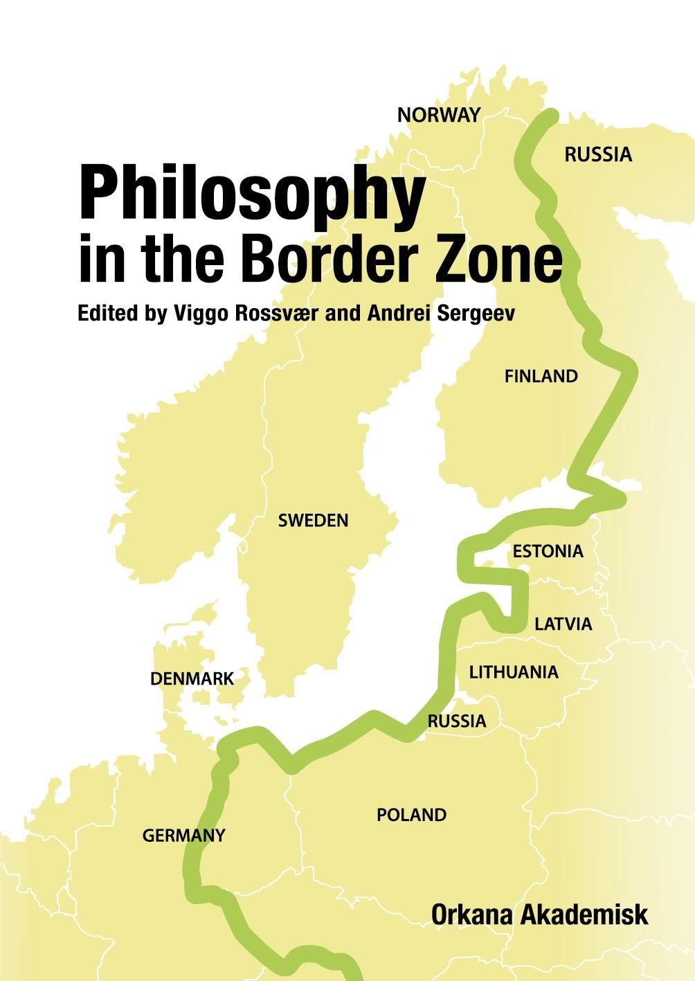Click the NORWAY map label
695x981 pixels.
click(x=438, y=115)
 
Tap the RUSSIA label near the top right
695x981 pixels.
click(x=598, y=154)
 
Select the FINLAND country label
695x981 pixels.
click(x=541, y=377)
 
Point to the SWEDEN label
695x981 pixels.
click(x=313, y=521)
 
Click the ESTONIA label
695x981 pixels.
click(x=548, y=552)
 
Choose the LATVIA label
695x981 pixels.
click(x=563, y=624)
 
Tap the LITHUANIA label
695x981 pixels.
click(x=514, y=672)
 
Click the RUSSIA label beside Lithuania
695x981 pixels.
click(x=456, y=721)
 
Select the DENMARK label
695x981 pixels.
click(x=192, y=679)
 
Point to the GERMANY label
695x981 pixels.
click(x=183, y=836)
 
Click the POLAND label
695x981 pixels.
click(x=411, y=815)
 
